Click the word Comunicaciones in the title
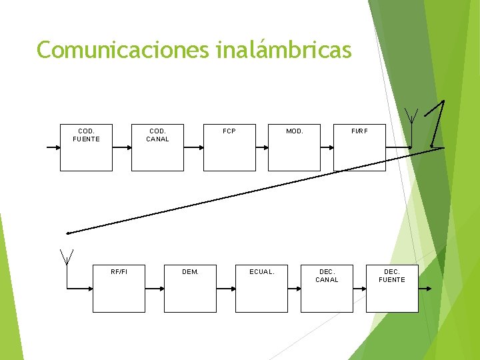pyautogui.click(x=123, y=50)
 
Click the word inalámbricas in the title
pyautogui.click(x=283, y=50)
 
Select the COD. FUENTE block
pyautogui.click(x=86, y=147)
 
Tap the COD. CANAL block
pyautogui.click(x=158, y=147)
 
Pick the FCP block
pyautogui.click(x=229, y=147)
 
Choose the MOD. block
pyautogui.click(x=294, y=147)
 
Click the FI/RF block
pyautogui.click(x=359, y=147)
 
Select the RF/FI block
pyautogui.click(x=119, y=289)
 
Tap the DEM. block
pyautogui.click(x=190, y=289)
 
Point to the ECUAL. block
pyautogui.click(x=261, y=289)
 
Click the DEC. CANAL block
pyautogui.click(x=327, y=289)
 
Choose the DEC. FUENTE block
pyautogui.click(x=392, y=289)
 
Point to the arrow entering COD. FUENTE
pyautogui.click(x=53, y=147)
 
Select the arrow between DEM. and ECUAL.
pyautogui.click(x=227, y=289)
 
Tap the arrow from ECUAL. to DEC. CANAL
pyautogui.click(x=294, y=289)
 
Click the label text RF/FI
pyautogui.click(x=119, y=271)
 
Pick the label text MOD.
pyautogui.click(x=294, y=131)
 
